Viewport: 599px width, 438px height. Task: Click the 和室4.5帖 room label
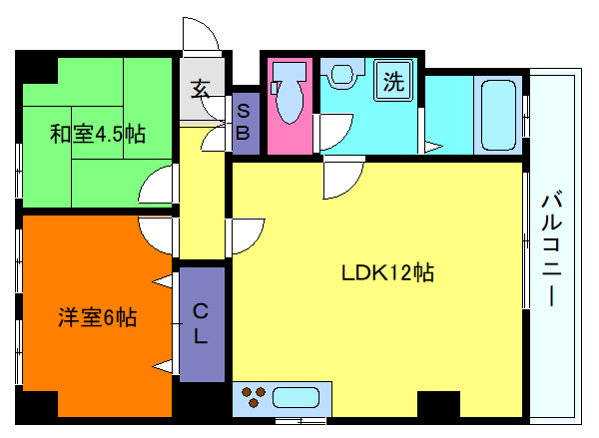pyautogui.click(x=98, y=133)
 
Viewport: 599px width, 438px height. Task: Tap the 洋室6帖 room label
pyautogui.click(x=97, y=318)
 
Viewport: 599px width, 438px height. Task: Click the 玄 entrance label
pyautogui.click(x=200, y=88)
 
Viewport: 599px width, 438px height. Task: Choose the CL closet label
pyautogui.click(x=201, y=323)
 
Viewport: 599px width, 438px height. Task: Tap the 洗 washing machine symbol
pyautogui.click(x=393, y=83)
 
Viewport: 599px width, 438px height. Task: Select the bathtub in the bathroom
pyautogui.click(x=498, y=115)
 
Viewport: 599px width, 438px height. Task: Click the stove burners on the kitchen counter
pyautogui.click(x=254, y=398)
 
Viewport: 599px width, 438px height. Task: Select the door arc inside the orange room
pyautogui.click(x=158, y=235)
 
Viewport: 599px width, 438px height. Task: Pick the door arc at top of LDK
pyautogui.click(x=342, y=180)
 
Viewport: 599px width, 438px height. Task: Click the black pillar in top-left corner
pyautogui.click(x=36, y=68)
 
